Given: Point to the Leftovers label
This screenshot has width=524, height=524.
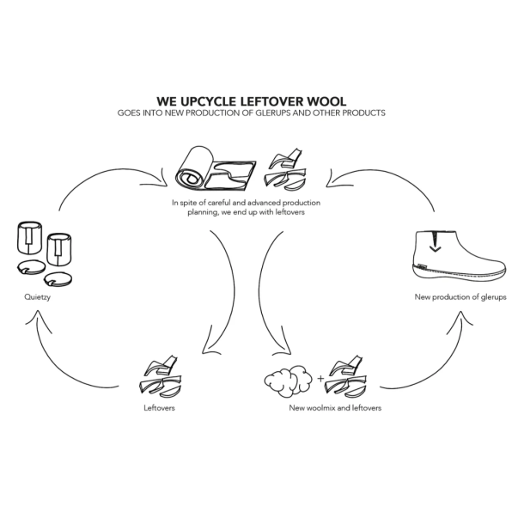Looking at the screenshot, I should pos(160,407).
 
